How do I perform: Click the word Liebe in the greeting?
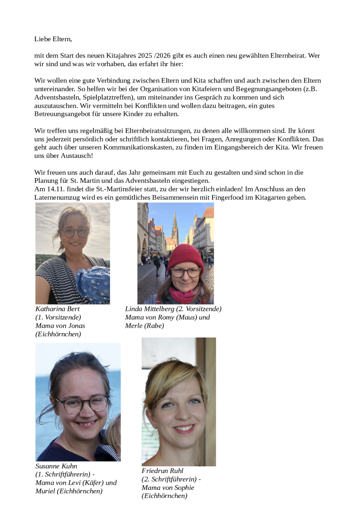pos(43,39)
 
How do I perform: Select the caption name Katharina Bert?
pos(58,309)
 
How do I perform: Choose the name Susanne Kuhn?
pos(56,466)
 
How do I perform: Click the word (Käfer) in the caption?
pos(92,483)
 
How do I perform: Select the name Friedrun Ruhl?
pos(162,471)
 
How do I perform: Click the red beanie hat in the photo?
pos(186,255)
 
